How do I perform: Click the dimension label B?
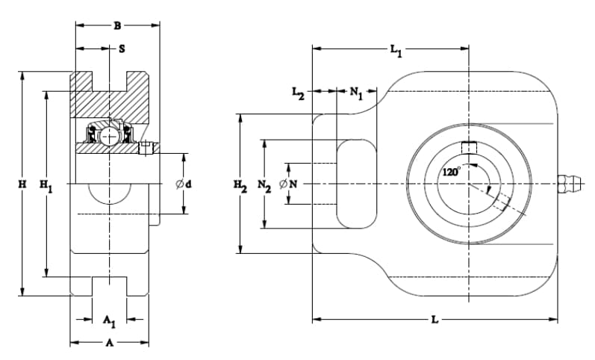point(118,26)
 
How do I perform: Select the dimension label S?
point(122,49)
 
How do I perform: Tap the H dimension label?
point(22,184)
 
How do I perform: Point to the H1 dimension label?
point(47,186)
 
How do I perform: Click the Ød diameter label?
point(184,184)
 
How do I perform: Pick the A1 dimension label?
point(109,321)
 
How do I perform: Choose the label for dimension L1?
point(396,50)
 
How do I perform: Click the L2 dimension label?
point(299,93)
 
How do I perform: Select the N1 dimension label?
point(356,93)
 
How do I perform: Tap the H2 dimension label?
point(240,186)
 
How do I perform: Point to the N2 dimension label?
point(264,186)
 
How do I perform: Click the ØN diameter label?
point(288,184)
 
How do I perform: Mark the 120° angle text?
point(451,172)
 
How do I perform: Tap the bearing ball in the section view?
point(109,136)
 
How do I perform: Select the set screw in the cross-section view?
point(146,148)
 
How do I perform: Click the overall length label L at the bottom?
point(435,320)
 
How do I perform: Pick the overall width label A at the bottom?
point(109,343)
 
